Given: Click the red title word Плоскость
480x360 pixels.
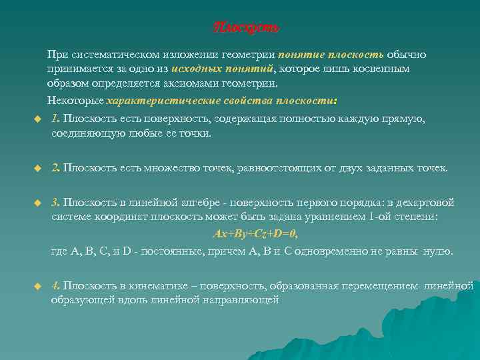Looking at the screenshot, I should pyautogui.click(x=246, y=28).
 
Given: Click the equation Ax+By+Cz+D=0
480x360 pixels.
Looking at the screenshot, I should pyautogui.click(x=255, y=234).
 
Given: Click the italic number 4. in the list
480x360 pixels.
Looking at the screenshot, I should pyautogui.click(x=56, y=285).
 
